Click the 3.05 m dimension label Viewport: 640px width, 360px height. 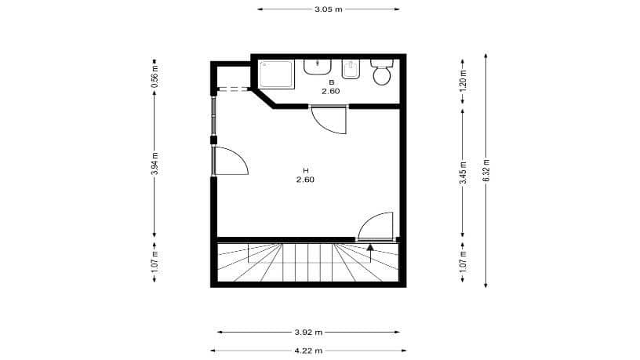(329, 9)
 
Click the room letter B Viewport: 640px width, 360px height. (331, 82)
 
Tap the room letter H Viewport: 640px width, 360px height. (306, 170)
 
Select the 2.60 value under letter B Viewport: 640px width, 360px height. (330, 92)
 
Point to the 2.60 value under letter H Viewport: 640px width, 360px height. (305, 180)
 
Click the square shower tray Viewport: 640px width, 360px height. (277, 72)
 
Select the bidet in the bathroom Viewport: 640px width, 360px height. (351, 70)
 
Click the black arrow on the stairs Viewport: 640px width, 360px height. (370, 250)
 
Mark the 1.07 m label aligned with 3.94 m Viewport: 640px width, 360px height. (155, 260)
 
